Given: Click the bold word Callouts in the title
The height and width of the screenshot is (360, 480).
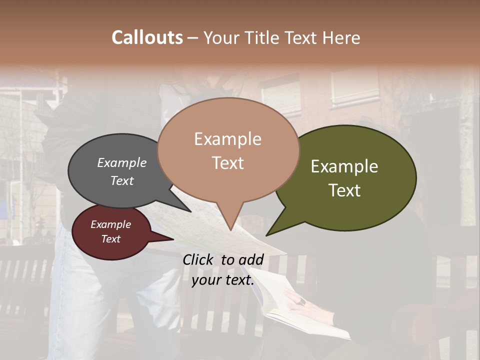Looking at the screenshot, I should [147, 37].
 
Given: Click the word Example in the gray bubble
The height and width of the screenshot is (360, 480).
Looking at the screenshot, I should [122, 162].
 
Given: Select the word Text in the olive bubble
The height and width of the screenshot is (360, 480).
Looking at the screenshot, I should [344, 190].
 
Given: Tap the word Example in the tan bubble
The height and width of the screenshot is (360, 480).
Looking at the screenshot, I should [227, 138].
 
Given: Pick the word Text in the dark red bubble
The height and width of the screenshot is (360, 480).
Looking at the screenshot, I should [111, 239].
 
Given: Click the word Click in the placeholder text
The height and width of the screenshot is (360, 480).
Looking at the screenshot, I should [198, 259].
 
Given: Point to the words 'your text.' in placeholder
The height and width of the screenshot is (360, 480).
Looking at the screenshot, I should [223, 280].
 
